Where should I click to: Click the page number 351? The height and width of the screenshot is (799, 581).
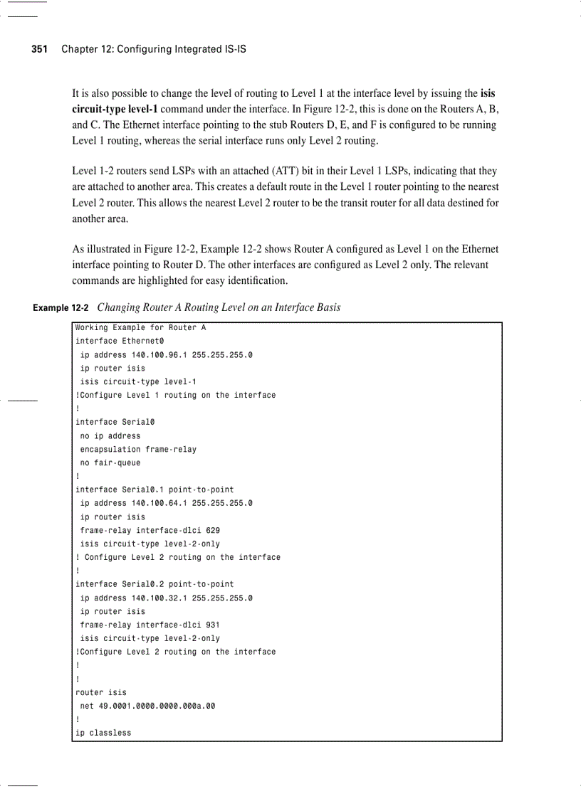click(x=39, y=49)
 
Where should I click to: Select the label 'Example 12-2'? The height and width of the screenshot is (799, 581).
click(x=61, y=308)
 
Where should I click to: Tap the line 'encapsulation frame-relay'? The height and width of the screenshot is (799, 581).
click(x=138, y=449)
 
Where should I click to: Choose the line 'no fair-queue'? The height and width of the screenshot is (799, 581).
click(x=110, y=462)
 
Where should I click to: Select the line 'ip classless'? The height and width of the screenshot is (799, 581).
click(x=103, y=733)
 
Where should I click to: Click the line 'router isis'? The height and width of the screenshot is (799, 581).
click(x=100, y=692)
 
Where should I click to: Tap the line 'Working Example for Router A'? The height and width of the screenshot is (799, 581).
click(x=140, y=327)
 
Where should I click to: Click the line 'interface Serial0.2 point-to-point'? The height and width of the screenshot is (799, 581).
click(x=154, y=584)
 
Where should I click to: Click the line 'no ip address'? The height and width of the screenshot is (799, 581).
click(x=110, y=435)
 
